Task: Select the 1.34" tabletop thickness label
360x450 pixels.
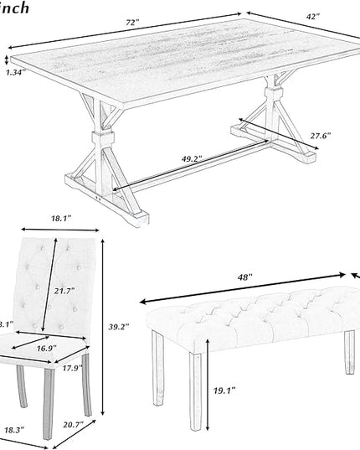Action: click(14, 73)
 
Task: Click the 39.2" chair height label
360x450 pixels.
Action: click(118, 327)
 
